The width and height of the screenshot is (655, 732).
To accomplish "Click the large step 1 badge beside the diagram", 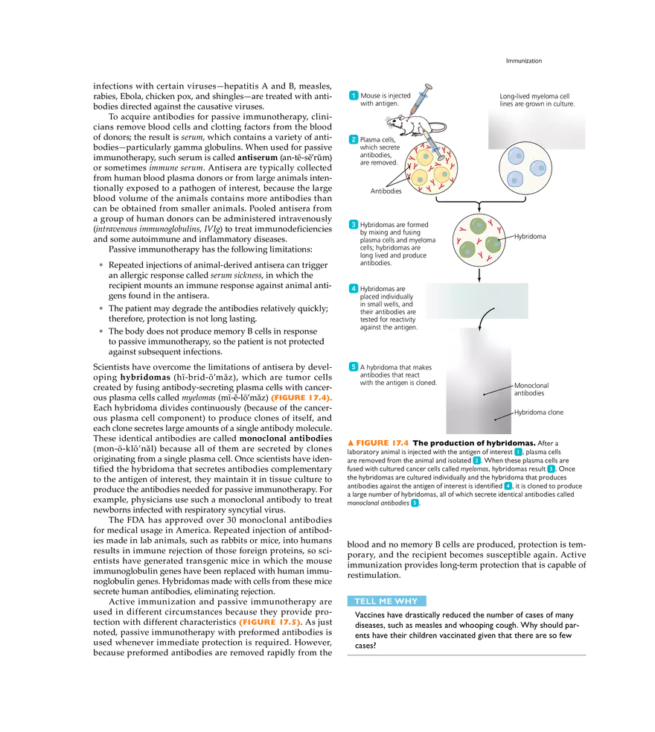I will tap(352, 95).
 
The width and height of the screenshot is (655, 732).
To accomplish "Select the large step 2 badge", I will tap(352, 139).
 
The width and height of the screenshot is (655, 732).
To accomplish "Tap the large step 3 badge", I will tap(352, 224).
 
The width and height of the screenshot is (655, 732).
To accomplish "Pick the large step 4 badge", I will tap(352, 289).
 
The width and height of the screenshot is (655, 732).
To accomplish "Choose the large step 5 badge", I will tap(352, 366).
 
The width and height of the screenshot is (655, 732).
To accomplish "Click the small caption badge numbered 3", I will tap(551, 469).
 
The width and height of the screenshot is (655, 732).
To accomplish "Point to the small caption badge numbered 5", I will tap(415, 503).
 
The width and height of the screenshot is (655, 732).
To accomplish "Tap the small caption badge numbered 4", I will tap(508, 486).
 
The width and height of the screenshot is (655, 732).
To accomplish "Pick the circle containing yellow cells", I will tap(431, 169).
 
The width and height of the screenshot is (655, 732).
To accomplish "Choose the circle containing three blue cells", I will tap(526, 168).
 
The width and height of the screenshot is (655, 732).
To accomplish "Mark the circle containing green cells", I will tap(479, 240).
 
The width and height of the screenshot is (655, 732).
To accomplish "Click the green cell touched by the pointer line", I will tap(494, 244).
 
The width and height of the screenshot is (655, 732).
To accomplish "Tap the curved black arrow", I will tap(486, 317).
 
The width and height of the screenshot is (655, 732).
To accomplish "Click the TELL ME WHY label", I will tap(386, 601).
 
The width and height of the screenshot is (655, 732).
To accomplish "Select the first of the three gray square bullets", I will tap(101, 262).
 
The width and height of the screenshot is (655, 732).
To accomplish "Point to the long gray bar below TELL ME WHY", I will tap(467, 655).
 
